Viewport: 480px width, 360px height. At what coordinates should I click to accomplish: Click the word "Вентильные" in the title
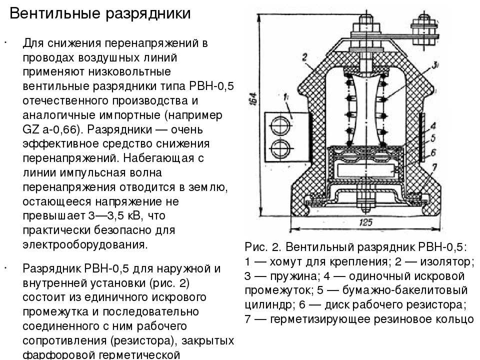[x=54, y=13]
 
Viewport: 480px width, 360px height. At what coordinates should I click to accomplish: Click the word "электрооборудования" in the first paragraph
[x=85, y=245]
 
